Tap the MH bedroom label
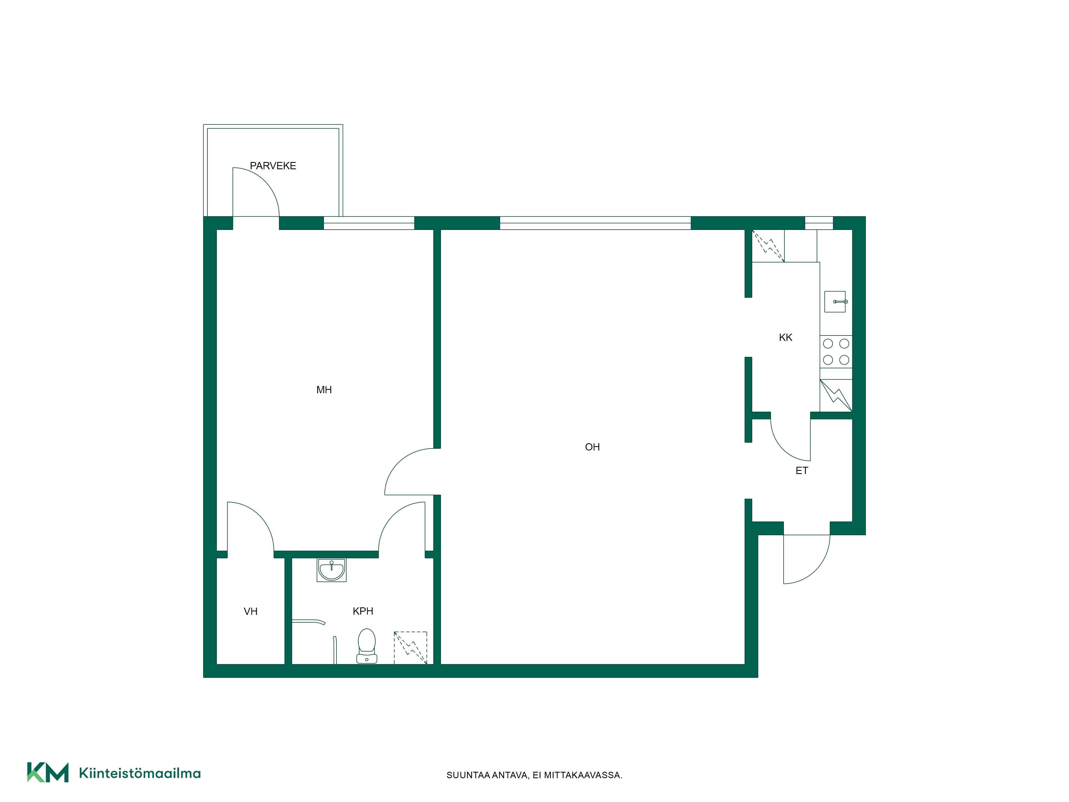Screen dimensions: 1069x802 [x=324, y=390]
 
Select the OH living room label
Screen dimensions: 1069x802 [x=592, y=447]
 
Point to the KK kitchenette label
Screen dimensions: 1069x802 [x=785, y=337]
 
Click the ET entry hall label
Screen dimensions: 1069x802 [x=802, y=470]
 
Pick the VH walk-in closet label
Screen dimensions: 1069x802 [x=250, y=612]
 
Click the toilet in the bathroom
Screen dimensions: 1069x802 [x=367, y=645]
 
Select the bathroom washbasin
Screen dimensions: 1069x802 [x=332, y=569]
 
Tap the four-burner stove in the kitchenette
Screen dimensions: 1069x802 [x=836, y=352]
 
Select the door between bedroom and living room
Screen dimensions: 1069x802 [x=399, y=462]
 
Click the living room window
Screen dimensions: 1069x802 [x=595, y=223]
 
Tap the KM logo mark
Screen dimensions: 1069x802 [x=47, y=772]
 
